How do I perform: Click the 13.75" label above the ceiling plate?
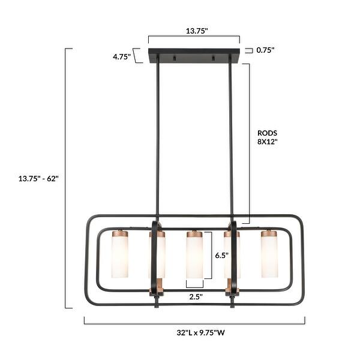(197, 31)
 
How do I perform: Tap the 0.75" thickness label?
(265, 50)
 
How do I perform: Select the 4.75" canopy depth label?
(122, 56)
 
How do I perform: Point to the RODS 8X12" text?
(268, 137)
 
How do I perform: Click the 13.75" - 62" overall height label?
(38, 178)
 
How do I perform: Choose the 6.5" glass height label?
(222, 256)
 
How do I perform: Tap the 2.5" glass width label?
(196, 296)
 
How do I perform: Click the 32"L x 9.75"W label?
(200, 332)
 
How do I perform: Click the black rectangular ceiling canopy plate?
(194, 55)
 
